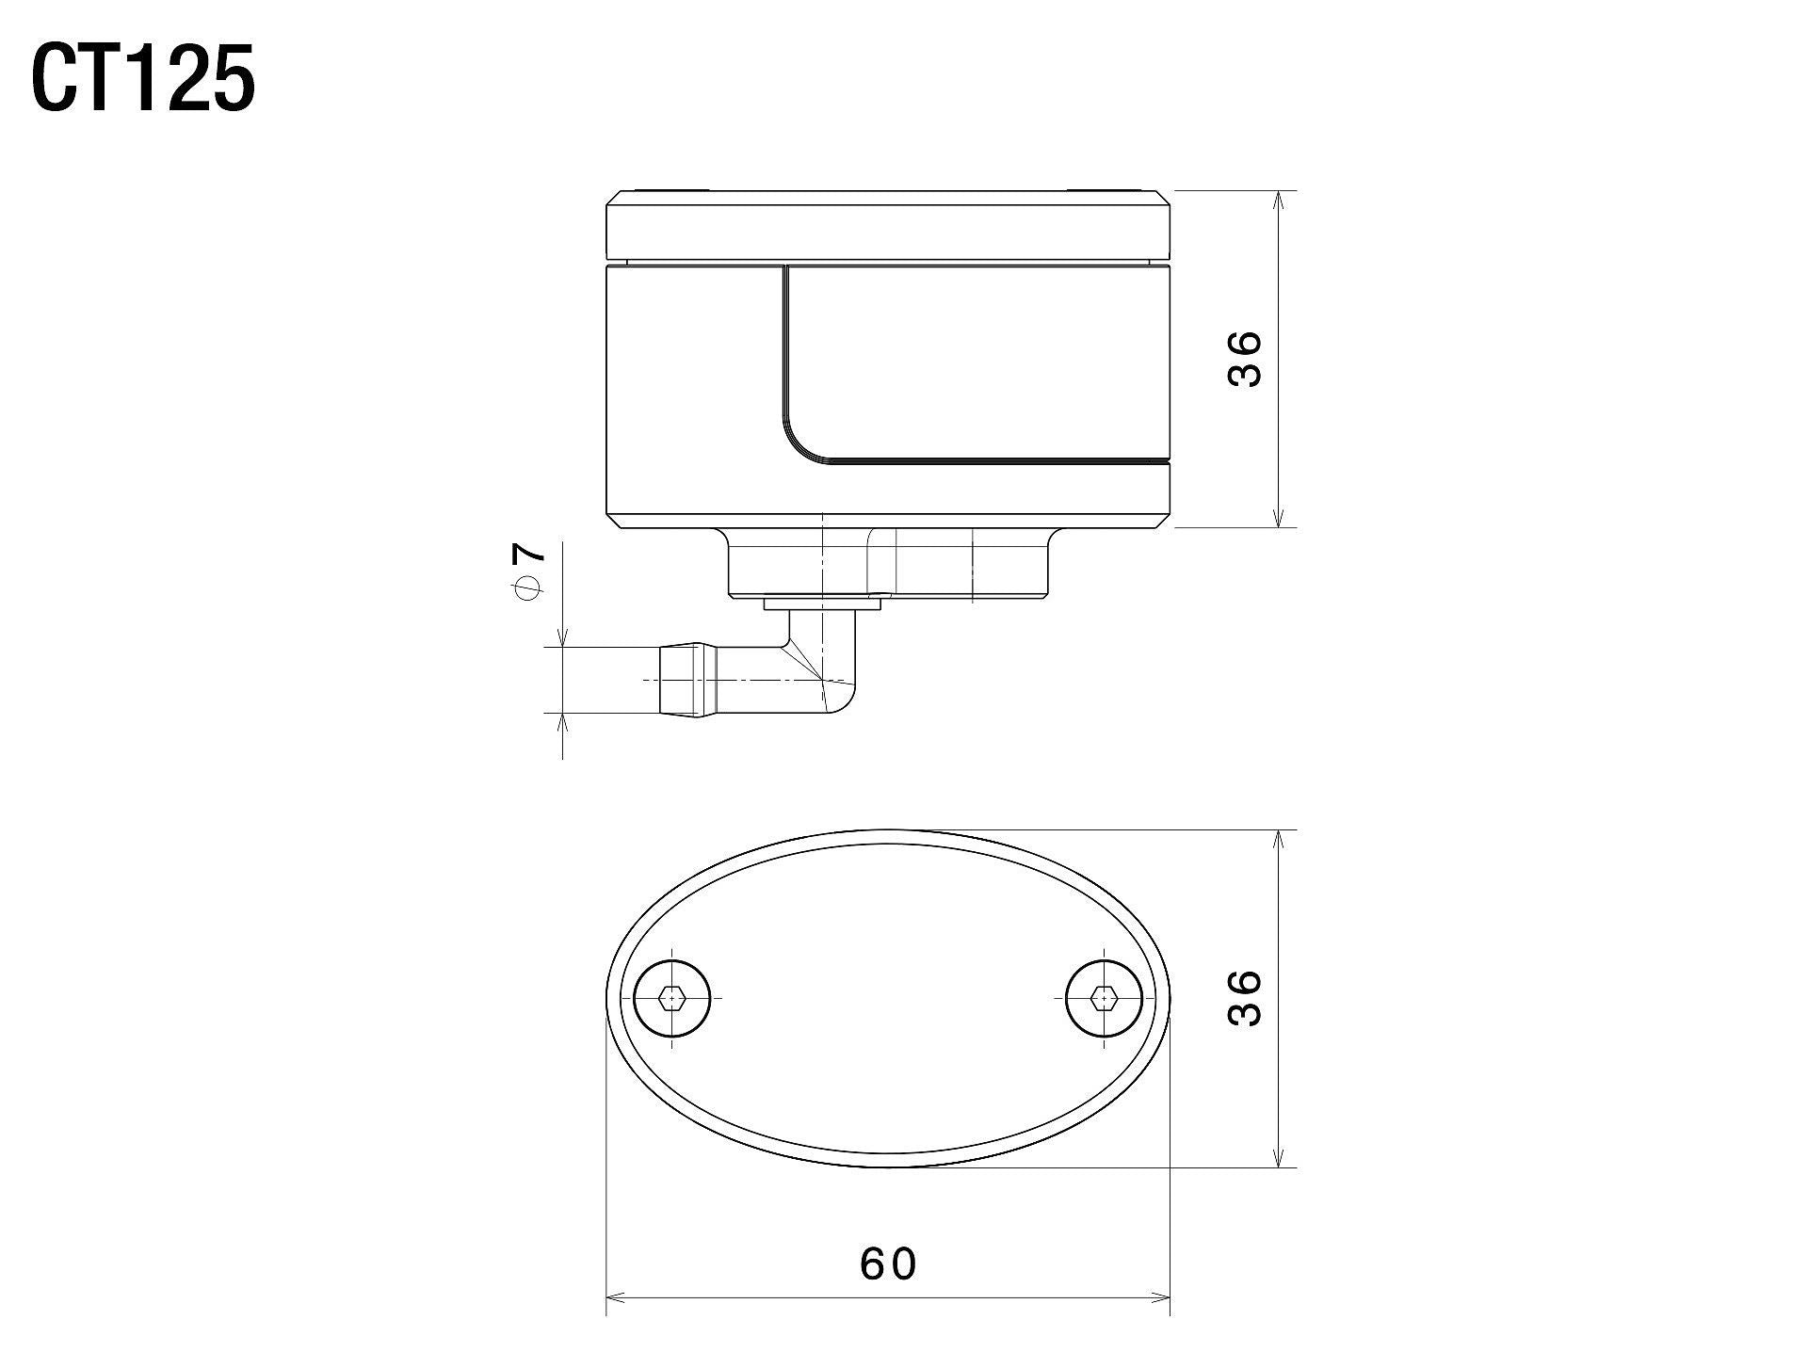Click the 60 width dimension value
pos(887,1263)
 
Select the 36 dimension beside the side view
pos(1244,358)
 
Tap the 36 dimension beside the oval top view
pos(1244,998)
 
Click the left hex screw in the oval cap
pos(670,997)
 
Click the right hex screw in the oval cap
pos(1104,997)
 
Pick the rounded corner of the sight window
pos(800,443)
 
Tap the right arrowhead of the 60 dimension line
pos(1162,1298)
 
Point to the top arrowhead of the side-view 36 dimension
pos(1278,199)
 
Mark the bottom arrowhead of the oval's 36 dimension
pos(1278,1160)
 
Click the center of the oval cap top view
pos(887,998)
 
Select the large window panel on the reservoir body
pos(975,362)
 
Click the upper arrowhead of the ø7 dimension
pos(562,640)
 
